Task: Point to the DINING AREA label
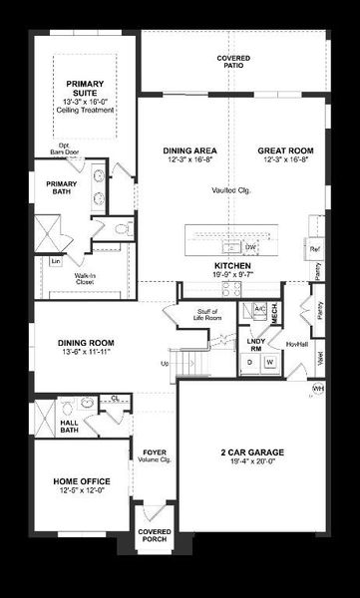[187, 150]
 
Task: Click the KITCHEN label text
[232, 266]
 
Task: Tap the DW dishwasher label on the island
[251, 246]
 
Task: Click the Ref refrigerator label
[314, 248]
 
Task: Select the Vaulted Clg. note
[231, 189]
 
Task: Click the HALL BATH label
[69, 426]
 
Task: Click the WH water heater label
[318, 388]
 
